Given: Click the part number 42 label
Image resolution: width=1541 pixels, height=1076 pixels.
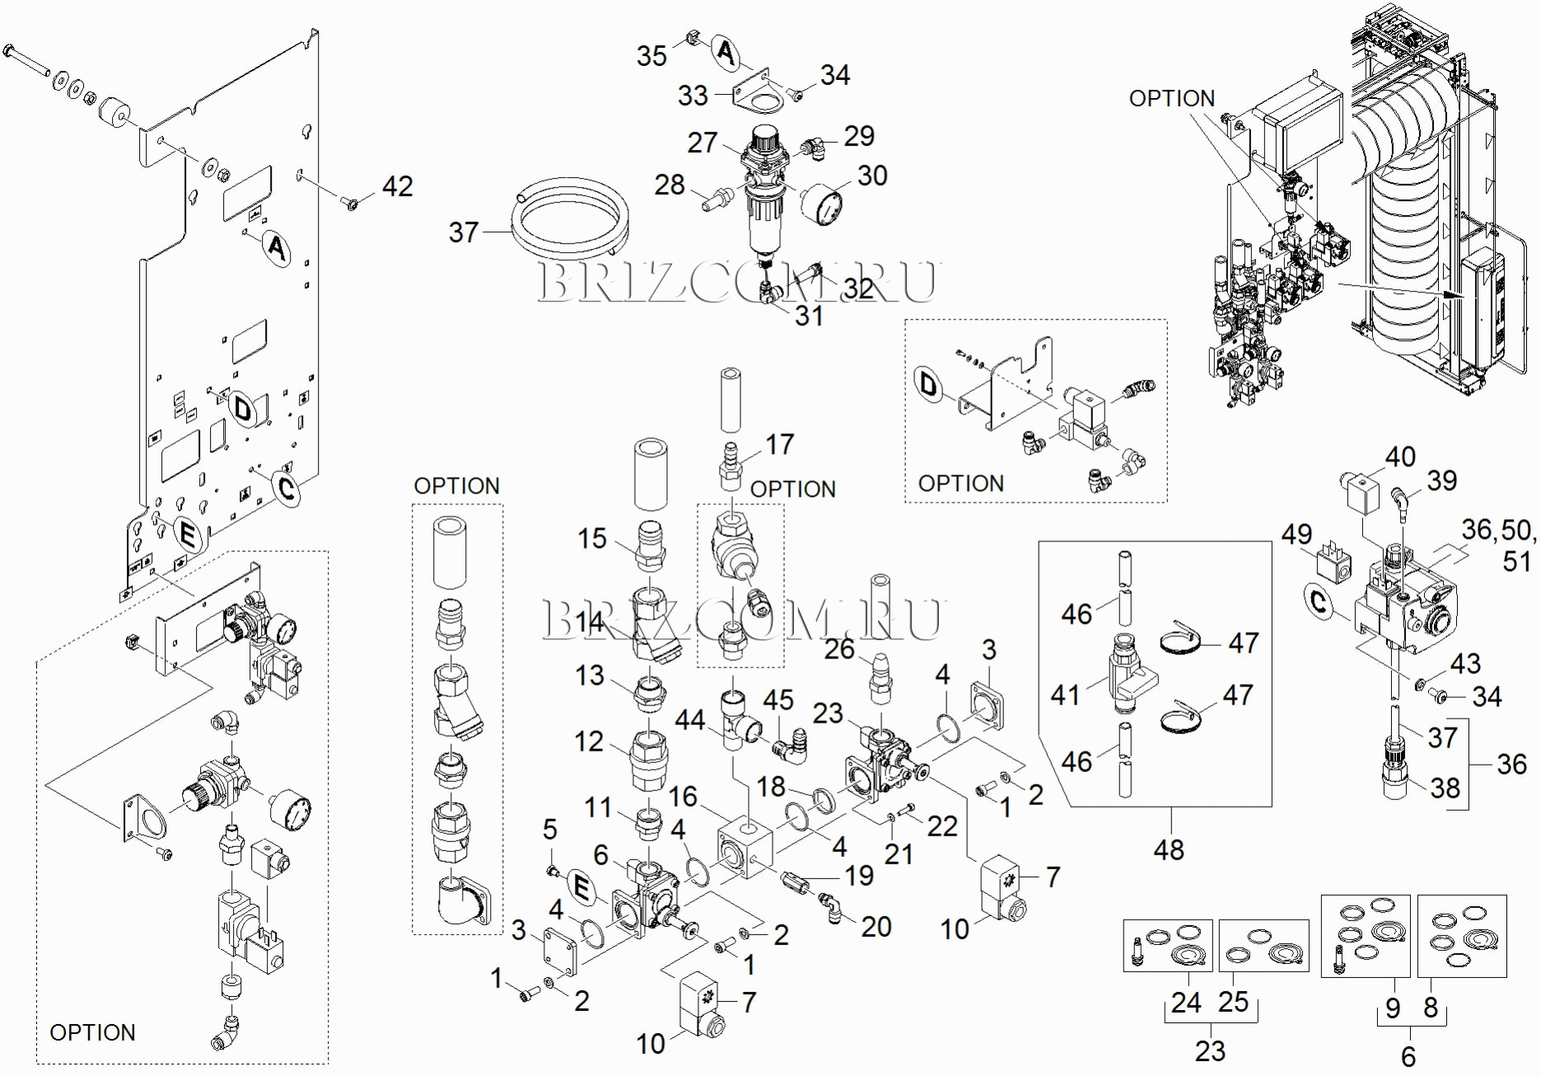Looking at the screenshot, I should (x=397, y=187).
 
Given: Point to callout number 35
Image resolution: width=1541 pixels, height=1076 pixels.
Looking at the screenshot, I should (x=651, y=56).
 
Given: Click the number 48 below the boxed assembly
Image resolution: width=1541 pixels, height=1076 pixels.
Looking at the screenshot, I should (x=1169, y=849).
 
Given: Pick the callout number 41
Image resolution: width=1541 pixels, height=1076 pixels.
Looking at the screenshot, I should (x=1065, y=695).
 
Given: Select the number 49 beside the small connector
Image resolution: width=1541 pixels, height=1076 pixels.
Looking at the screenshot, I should (x=1296, y=534).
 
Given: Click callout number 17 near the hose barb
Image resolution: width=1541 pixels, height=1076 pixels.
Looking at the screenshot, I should (x=779, y=445).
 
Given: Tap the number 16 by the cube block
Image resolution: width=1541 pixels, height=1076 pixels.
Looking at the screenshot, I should (x=683, y=797).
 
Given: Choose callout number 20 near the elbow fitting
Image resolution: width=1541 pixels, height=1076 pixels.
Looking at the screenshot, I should (x=876, y=927).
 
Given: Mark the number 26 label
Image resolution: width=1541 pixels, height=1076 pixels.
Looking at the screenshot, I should (x=839, y=648).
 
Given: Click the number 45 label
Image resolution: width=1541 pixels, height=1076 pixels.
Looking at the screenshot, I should (x=778, y=700).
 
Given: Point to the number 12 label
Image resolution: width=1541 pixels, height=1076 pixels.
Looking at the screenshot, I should (x=589, y=742).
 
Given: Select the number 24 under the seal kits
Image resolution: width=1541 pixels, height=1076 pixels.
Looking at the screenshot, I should (x=1186, y=1003).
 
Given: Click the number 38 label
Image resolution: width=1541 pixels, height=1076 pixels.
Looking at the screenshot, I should (x=1445, y=788).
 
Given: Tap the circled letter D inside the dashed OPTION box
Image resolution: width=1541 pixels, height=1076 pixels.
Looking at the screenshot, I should (x=928, y=384).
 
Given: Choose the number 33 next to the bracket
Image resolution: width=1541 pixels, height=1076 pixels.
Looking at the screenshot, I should (x=693, y=96).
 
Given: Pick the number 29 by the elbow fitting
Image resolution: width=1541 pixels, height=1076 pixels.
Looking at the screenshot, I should (x=859, y=136).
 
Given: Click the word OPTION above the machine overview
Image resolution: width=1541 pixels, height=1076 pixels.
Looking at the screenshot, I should (x=1171, y=99).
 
